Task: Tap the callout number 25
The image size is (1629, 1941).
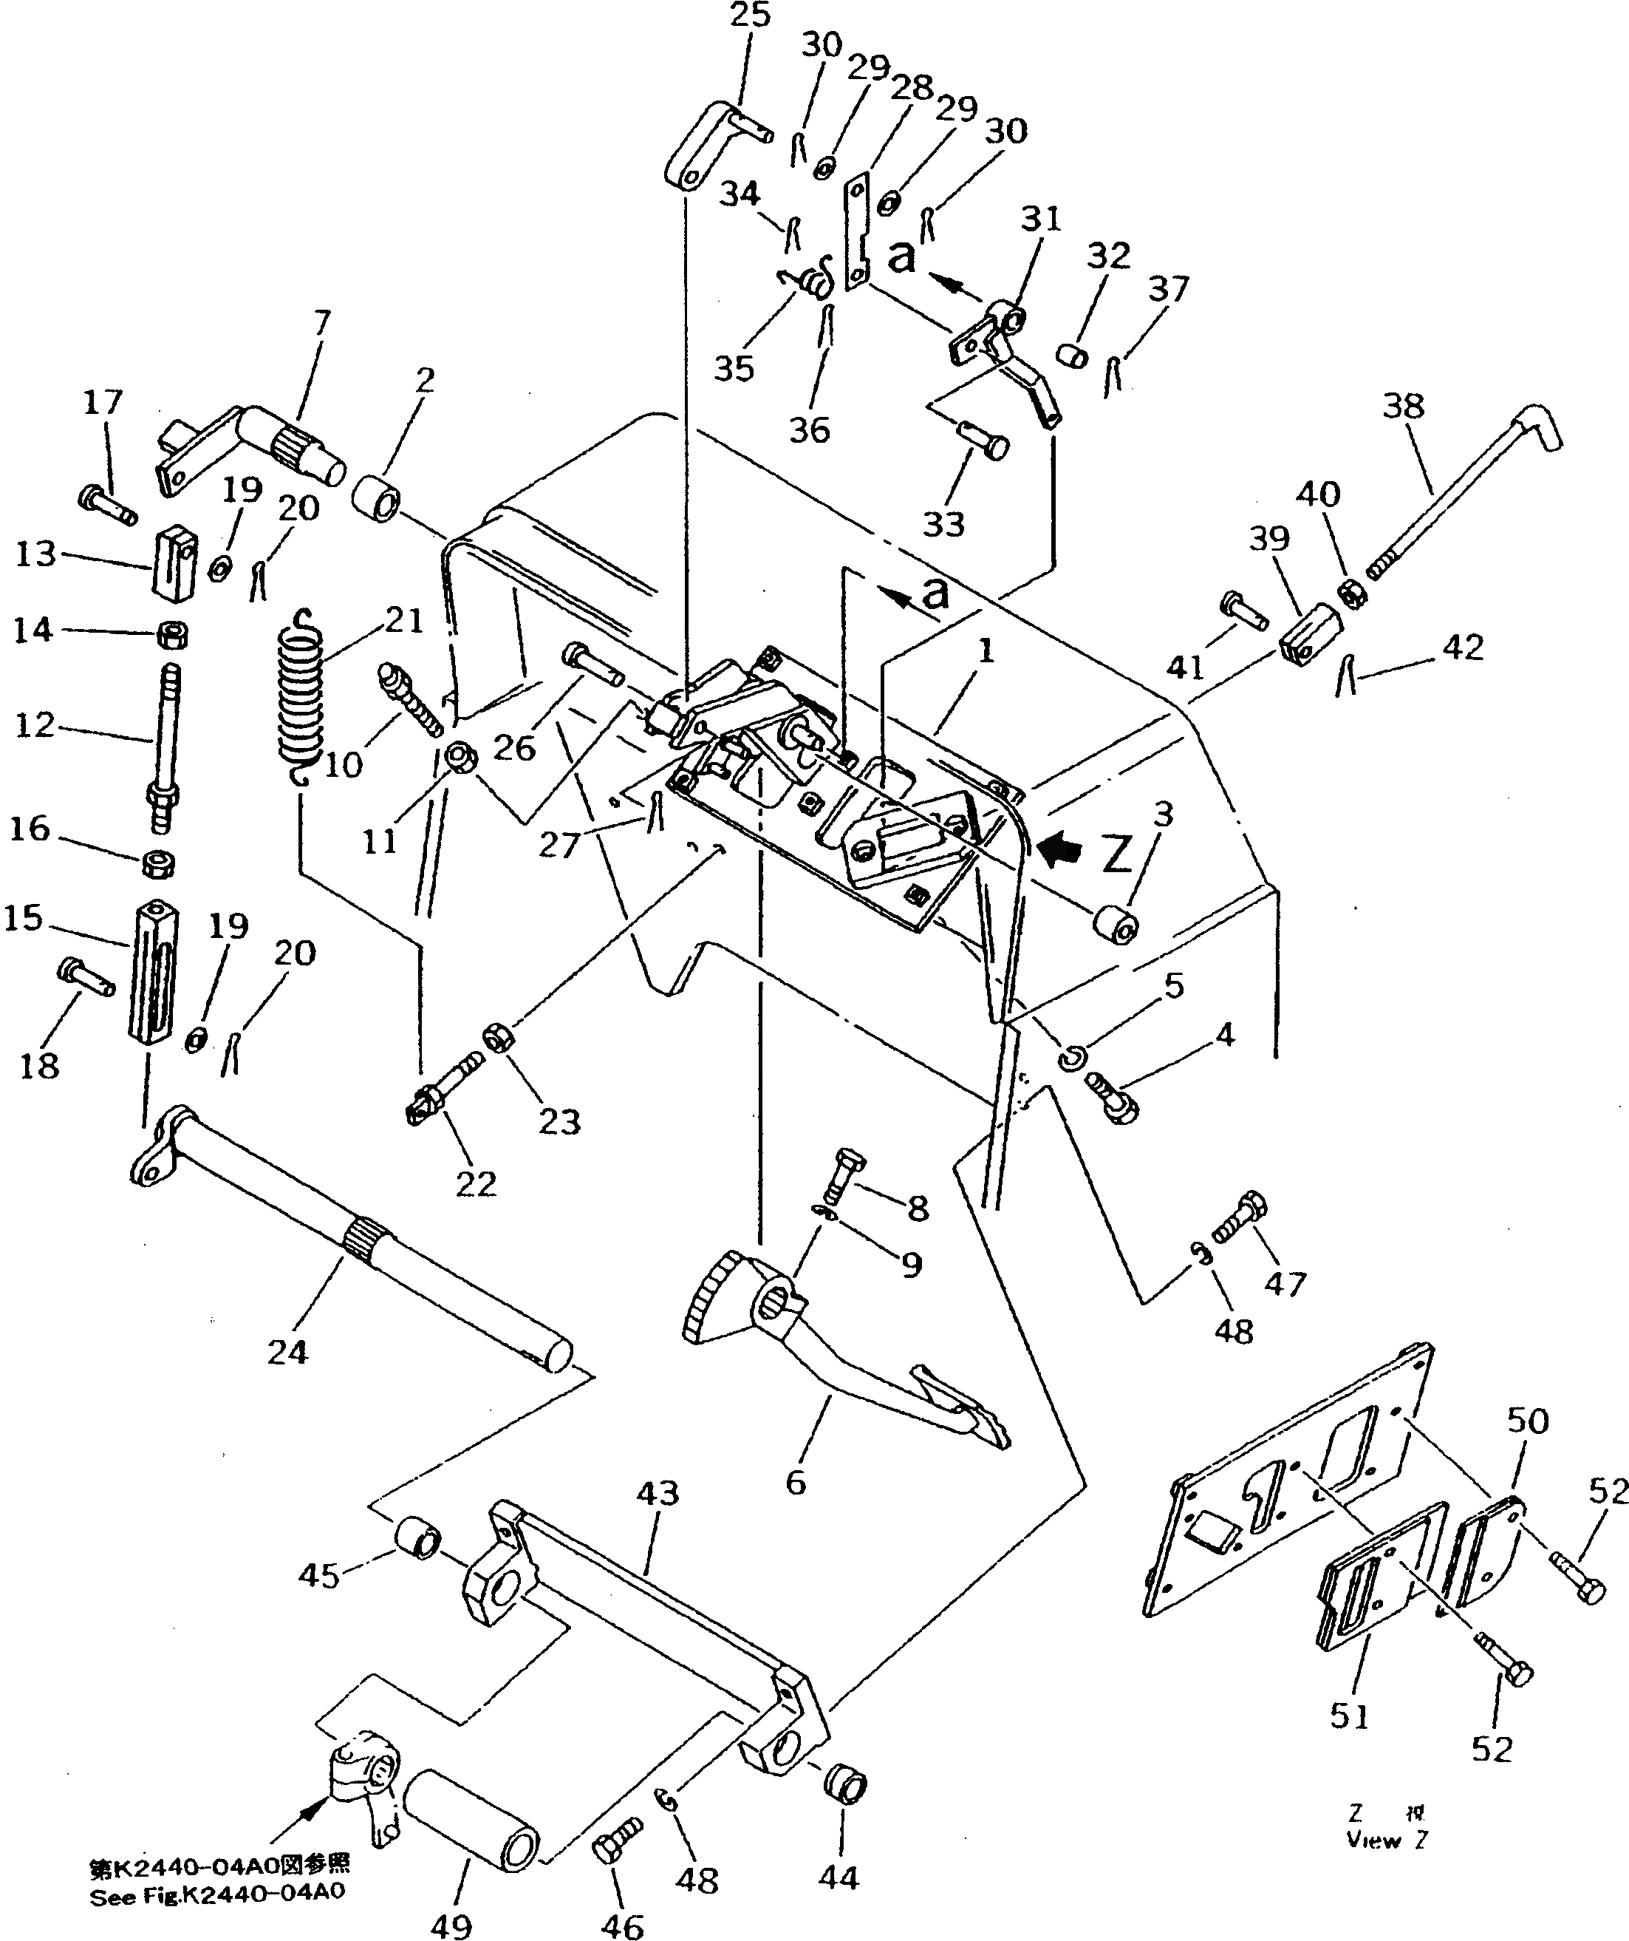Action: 748,16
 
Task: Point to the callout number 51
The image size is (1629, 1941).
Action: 1349,1716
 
